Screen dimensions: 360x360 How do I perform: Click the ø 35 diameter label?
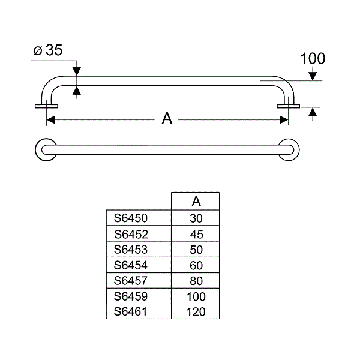[x=48, y=50]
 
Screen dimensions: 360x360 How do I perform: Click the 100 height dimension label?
[x=313, y=58]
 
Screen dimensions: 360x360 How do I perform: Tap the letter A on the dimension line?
[x=167, y=118]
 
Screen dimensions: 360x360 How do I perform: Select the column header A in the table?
[x=196, y=202]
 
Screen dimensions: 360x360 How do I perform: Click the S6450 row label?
[x=130, y=218]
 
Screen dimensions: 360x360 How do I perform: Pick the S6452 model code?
[x=131, y=234]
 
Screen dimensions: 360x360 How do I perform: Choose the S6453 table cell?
[x=130, y=250]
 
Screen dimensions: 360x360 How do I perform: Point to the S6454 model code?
[x=130, y=265]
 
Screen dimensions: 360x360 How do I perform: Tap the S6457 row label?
[x=130, y=281]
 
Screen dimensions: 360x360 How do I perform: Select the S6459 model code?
[x=130, y=296]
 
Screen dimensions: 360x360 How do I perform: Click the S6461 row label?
[x=130, y=311]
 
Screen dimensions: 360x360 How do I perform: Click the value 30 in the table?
[x=196, y=218]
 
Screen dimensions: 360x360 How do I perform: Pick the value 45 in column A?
[x=197, y=235]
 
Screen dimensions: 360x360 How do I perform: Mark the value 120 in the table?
[x=196, y=312]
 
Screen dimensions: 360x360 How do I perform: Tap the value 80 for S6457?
[x=196, y=281]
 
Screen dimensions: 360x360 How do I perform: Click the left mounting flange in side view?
[x=46, y=106]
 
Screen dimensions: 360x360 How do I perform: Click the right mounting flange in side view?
[x=289, y=106]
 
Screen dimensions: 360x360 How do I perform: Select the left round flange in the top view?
[x=46, y=149]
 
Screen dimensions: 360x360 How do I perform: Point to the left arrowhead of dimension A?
[x=51, y=120]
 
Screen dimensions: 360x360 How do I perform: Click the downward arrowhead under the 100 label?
[x=313, y=76]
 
